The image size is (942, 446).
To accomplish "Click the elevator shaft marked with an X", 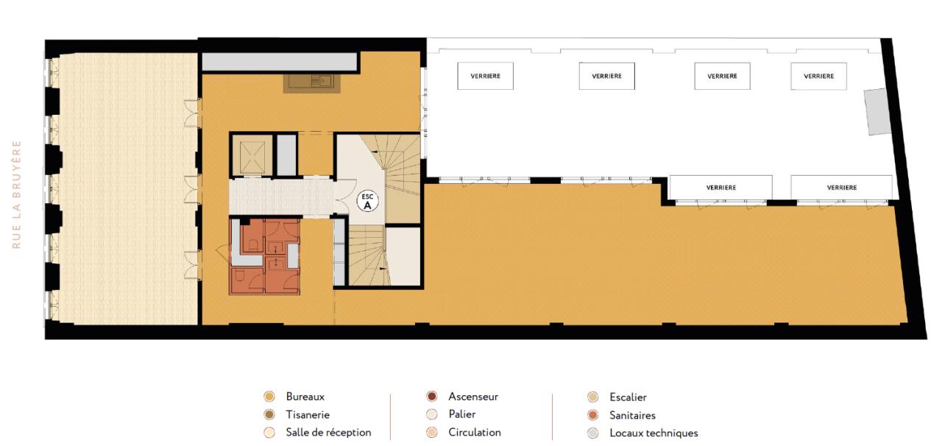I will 251,155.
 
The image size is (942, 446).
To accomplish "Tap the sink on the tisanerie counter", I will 312,82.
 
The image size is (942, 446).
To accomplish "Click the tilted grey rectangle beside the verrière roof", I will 877,111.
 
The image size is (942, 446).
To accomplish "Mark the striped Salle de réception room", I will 124,188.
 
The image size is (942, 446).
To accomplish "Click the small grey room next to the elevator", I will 286,155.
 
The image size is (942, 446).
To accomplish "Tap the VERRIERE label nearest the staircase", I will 485,76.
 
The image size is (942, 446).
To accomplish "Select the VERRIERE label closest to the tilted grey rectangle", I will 818,76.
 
